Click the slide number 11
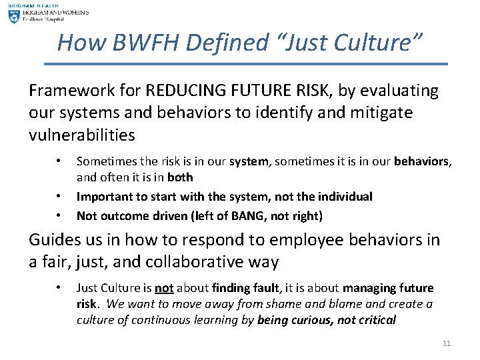pyautogui.click(x=447, y=343)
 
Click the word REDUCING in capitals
pyautogui.click(x=182, y=91)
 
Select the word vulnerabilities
pyautogui.click(x=82, y=135)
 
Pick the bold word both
pyautogui.click(x=181, y=177)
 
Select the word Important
pyautogui.click(x=103, y=196)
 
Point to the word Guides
pyautogui.click(x=53, y=240)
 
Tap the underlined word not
pyautogui.click(x=163, y=288)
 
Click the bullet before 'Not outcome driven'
pyautogui.click(x=60, y=215)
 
